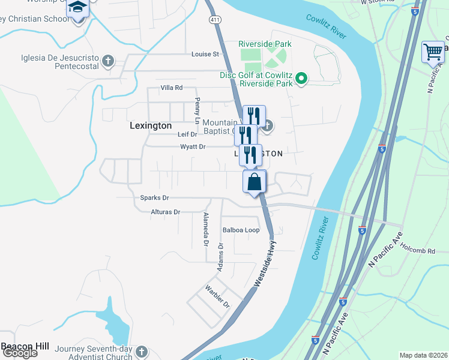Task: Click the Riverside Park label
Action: tap(265, 44)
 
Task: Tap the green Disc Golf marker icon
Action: tap(303, 79)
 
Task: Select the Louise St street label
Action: tap(205, 54)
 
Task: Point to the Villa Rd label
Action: tap(171, 88)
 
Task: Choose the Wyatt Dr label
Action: tap(193, 146)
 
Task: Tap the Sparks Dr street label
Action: tap(154, 197)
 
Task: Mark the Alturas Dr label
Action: tap(165, 212)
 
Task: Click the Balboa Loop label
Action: tap(241, 230)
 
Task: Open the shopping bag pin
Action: tap(255, 181)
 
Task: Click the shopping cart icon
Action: tap(432, 52)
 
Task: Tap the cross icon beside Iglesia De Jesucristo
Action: tap(108, 60)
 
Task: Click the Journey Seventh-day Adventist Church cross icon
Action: tap(141, 351)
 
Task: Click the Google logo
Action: tap(19, 353)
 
